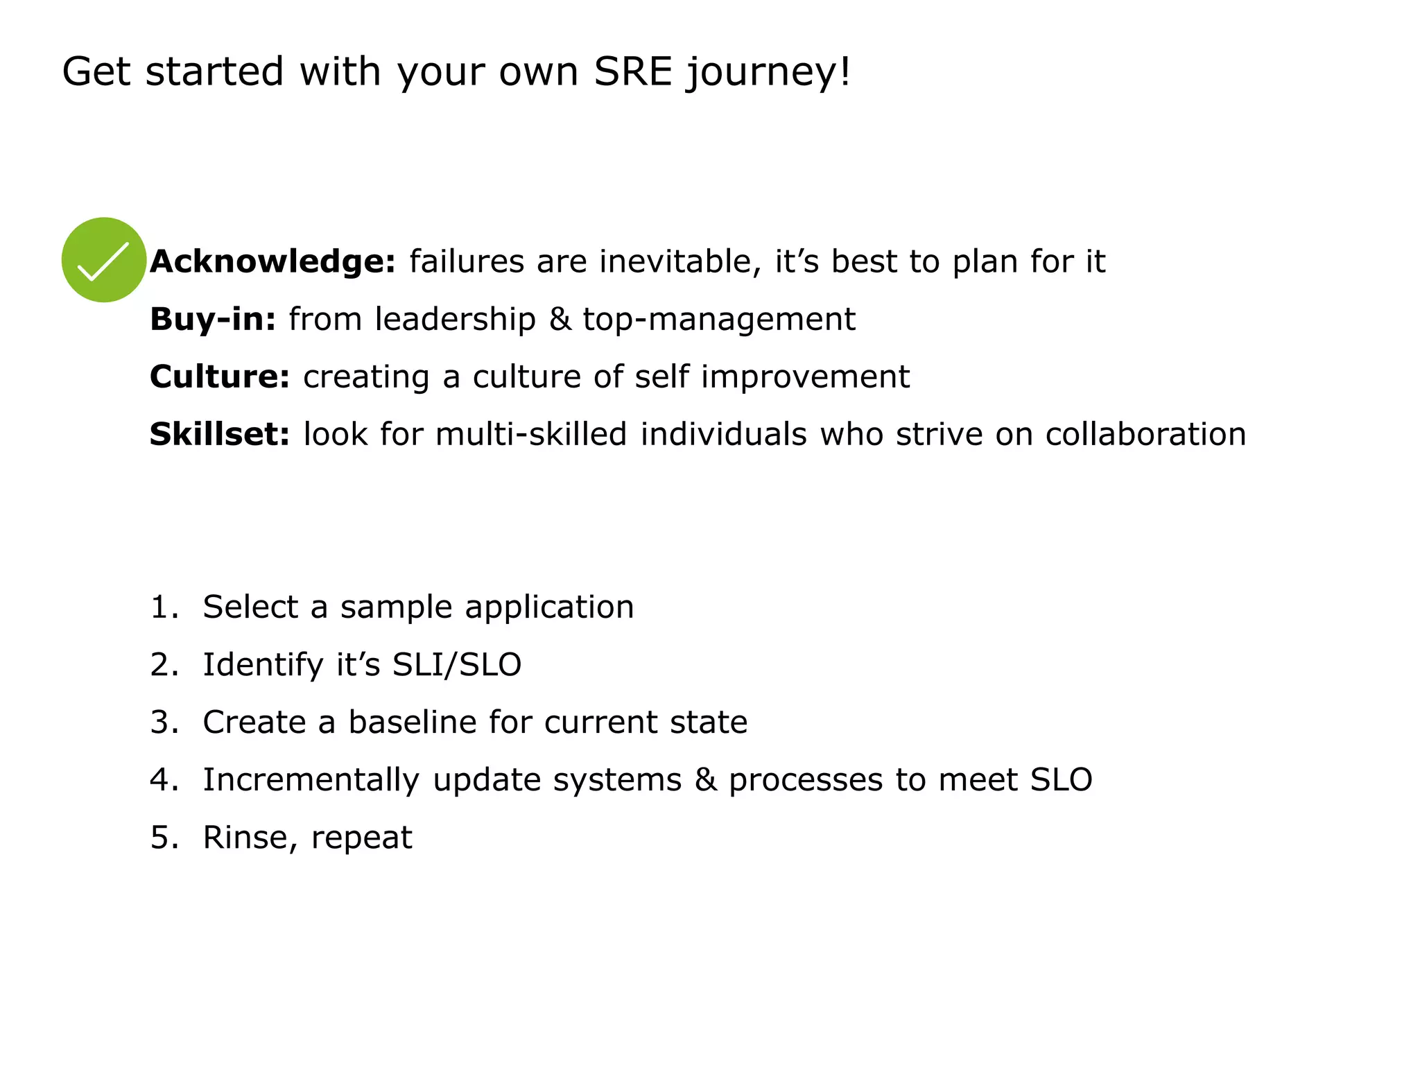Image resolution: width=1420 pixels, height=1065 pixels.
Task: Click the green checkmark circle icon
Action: [104, 260]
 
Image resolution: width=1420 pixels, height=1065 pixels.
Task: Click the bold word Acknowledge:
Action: [272, 261]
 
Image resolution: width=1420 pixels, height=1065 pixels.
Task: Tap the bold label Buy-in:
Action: [213, 319]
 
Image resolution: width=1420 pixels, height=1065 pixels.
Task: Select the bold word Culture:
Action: [220, 376]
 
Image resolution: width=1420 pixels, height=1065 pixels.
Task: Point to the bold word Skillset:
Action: [220, 434]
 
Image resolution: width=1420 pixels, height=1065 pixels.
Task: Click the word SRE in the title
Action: [633, 71]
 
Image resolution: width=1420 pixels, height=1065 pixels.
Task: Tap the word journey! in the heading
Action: [768, 73]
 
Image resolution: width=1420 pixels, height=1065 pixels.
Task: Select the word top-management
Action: [719, 319]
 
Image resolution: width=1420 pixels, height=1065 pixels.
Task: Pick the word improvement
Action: [805, 376]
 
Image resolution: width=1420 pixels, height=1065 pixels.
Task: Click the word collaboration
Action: [1145, 434]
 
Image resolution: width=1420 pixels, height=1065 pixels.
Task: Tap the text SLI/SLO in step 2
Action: [457, 664]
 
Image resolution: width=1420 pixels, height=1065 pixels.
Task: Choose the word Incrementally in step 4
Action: [311, 781]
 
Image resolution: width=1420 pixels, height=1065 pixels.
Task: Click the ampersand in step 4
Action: [705, 779]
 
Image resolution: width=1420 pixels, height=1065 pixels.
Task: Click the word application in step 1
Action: [549, 608]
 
